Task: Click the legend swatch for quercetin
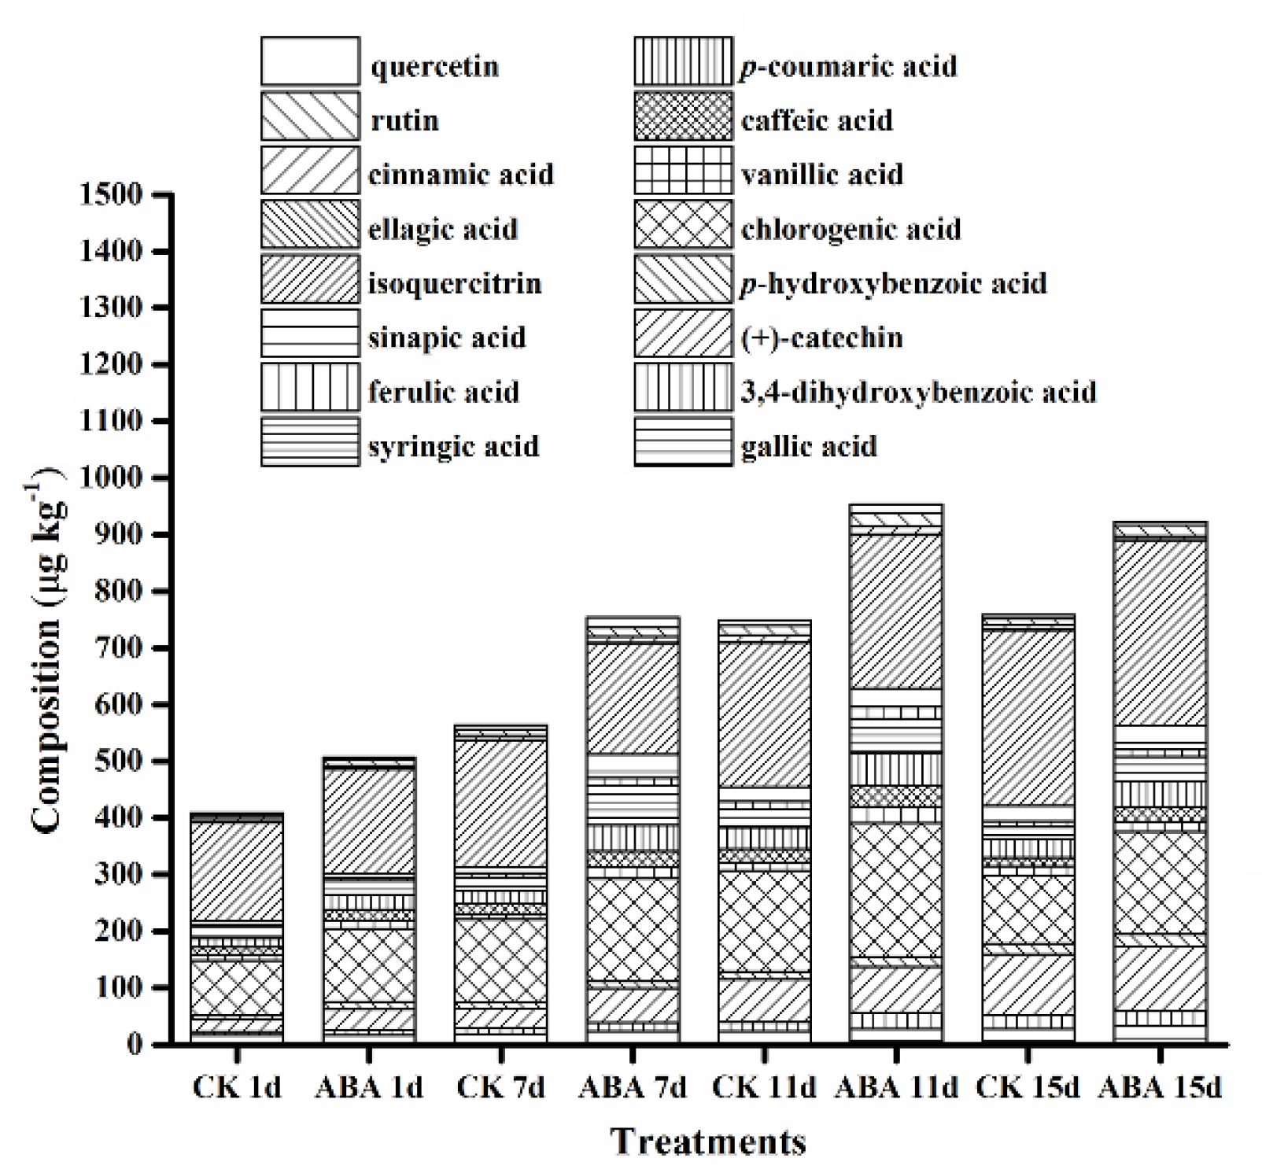(310, 61)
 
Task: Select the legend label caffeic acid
(817, 120)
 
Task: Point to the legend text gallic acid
(809, 446)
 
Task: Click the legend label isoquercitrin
(455, 283)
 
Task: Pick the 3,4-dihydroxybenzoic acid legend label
(918, 392)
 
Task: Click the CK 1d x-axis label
(237, 1088)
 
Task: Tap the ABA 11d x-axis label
(896, 1088)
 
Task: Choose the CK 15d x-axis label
(1028, 1088)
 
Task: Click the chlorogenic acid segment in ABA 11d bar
(896, 889)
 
